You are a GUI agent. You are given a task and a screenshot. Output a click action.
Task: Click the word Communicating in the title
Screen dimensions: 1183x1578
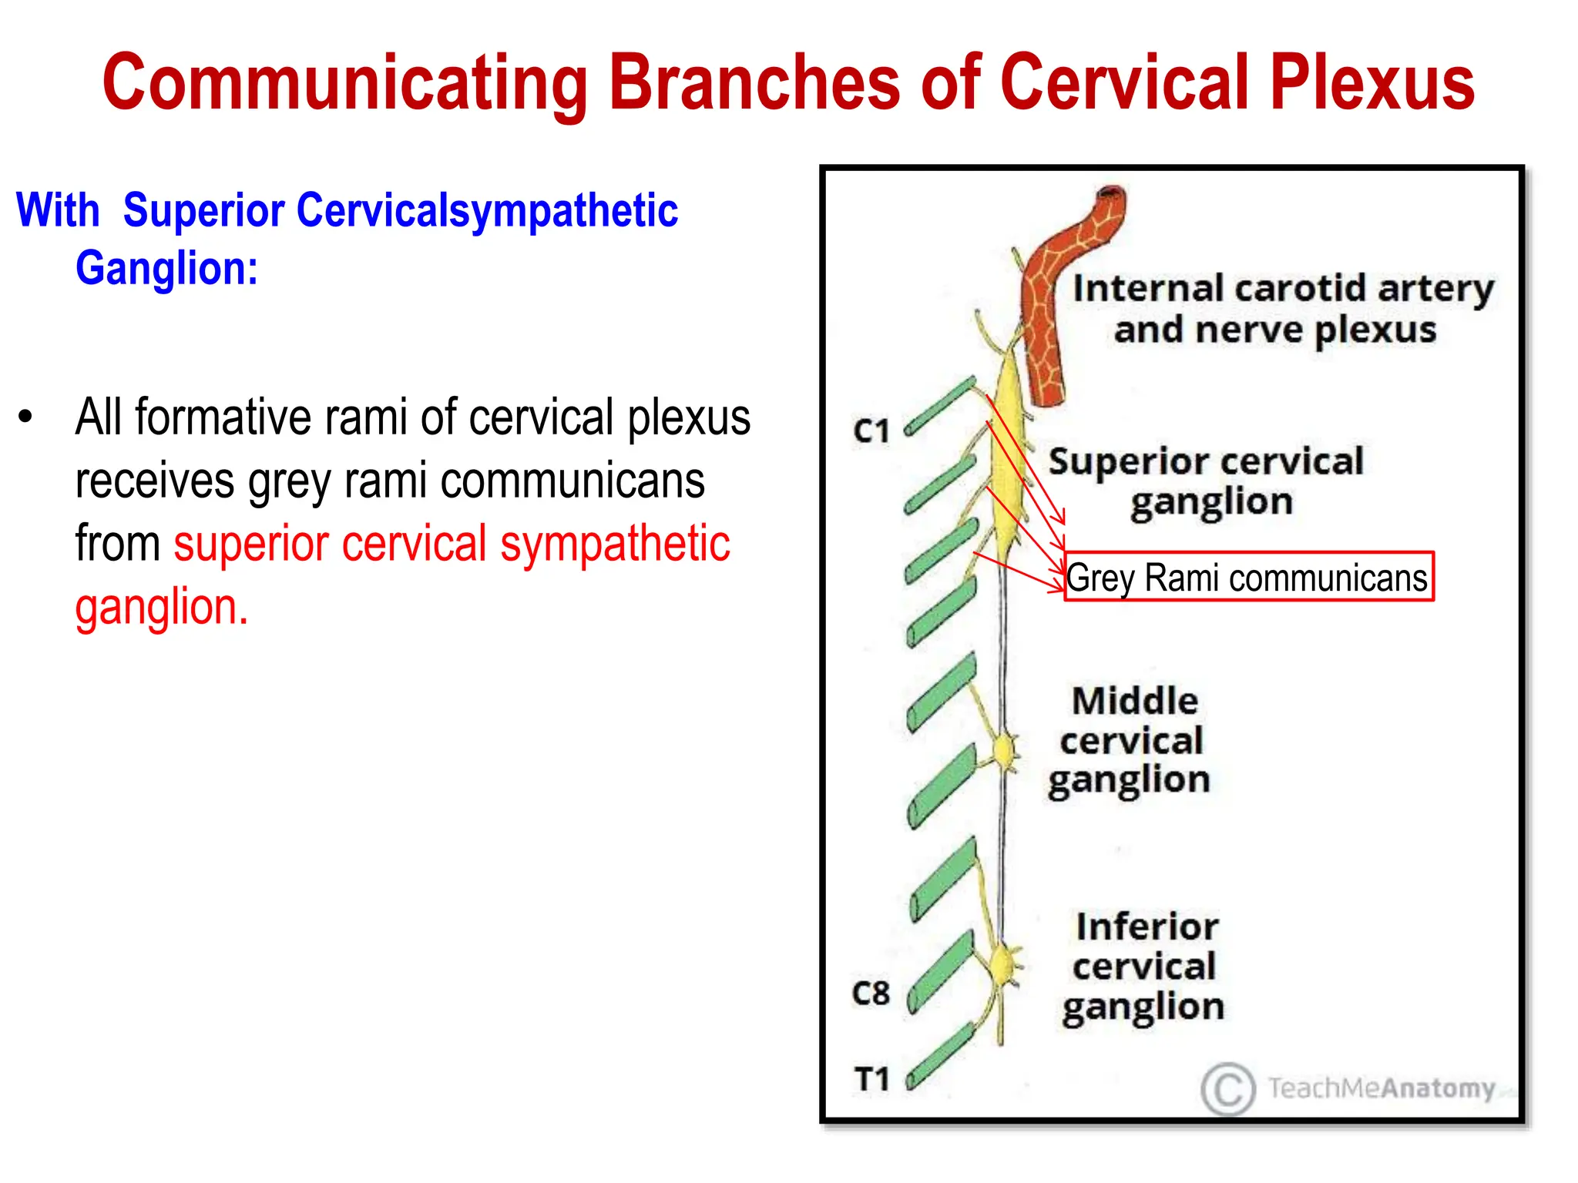(x=345, y=83)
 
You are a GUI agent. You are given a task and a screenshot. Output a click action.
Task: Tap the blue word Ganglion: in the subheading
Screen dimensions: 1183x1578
(x=166, y=268)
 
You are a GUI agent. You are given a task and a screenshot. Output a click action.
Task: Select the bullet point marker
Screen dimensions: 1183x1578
(x=26, y=417)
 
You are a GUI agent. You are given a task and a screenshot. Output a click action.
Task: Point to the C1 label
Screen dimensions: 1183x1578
(x=871, y=431)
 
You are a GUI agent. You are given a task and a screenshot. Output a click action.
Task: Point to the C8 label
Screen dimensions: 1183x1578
(x=871, y=994)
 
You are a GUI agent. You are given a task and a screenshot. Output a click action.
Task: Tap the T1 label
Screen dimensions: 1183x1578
(x=871, y=1079)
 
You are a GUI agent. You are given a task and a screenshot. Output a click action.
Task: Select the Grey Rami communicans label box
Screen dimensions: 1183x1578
(x=1248, y=577)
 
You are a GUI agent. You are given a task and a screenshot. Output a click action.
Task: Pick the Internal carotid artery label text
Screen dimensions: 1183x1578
(x=1282, y=308)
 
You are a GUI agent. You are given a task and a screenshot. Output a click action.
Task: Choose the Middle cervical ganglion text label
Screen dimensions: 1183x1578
(x=1131, y=741)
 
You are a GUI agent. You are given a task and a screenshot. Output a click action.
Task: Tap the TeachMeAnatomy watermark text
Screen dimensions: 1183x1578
(x=1381, y=1088)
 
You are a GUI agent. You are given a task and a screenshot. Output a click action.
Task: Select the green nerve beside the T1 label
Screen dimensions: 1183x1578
(x=942, y=1054)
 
